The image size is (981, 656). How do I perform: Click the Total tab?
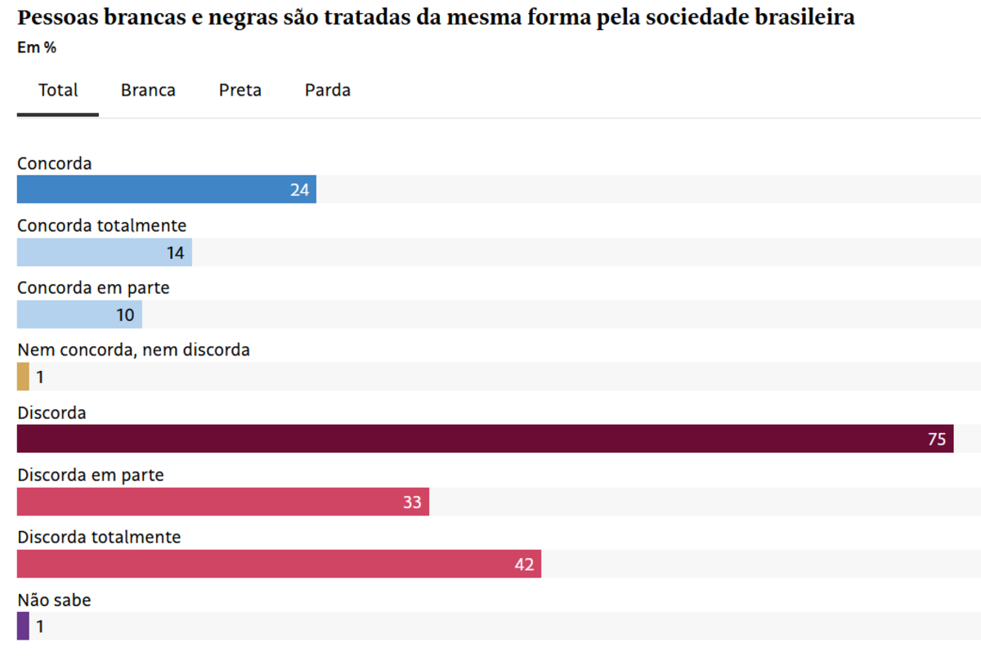point(58,91)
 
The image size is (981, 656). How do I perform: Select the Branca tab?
point(148,91)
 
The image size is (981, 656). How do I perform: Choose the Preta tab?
point(240,91)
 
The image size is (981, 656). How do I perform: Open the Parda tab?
point(327,91)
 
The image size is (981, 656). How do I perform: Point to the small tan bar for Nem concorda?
point(23,377)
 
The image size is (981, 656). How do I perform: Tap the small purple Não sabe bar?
point(23,627)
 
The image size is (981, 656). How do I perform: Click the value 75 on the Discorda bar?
point(936,440)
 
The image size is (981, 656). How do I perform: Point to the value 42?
point(524,565)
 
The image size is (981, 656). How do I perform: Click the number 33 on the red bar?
point(412,502)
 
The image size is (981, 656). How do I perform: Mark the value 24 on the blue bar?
point(299,190)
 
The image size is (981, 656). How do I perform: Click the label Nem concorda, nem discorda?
point(133,350)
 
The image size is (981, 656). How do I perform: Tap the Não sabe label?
point(54,600)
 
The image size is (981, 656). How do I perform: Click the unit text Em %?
point(37,47)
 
